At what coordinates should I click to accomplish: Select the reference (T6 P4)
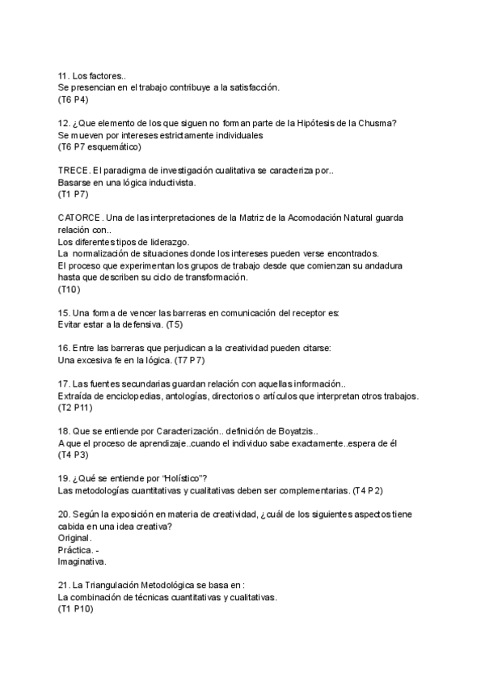click(x=73, y=100)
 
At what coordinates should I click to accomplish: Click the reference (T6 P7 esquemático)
click(x=99, y=147)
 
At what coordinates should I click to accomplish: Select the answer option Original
click(x=74, y=538)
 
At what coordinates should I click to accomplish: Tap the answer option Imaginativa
click(x=82, y=561)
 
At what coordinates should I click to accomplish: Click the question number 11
click(x=63, y=75)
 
